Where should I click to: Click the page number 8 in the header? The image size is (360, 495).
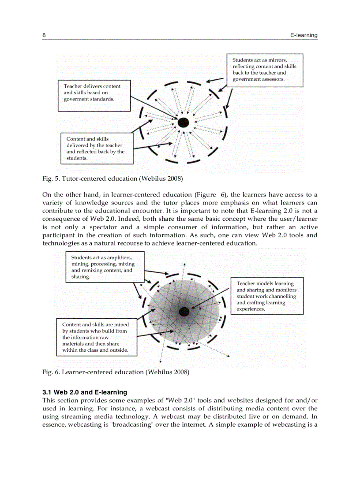click(x=44, y=35)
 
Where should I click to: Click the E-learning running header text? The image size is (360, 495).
click(x=304, y=35)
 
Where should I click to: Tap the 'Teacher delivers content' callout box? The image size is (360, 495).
click(x=94, y=95)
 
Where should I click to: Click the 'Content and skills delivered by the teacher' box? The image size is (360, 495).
click(x=97, y=148)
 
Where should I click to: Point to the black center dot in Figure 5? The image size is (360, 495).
click(x=184, y=122)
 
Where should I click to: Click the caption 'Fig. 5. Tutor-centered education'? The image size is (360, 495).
click(x=112, y=179)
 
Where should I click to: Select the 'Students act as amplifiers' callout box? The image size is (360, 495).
click(x=105, y=267)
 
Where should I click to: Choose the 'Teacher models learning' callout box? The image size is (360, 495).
click(x=267, y=296)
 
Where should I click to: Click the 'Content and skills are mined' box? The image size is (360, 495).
click(x=96, y=337)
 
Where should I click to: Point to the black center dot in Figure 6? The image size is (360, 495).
click(x=184, y=312)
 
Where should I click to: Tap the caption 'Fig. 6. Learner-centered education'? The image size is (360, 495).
click(x=116, y=372)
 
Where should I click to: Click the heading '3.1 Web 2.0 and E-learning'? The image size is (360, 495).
click(x=85, y=392)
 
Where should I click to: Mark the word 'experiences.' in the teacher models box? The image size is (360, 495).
click(x=251, y=309)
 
